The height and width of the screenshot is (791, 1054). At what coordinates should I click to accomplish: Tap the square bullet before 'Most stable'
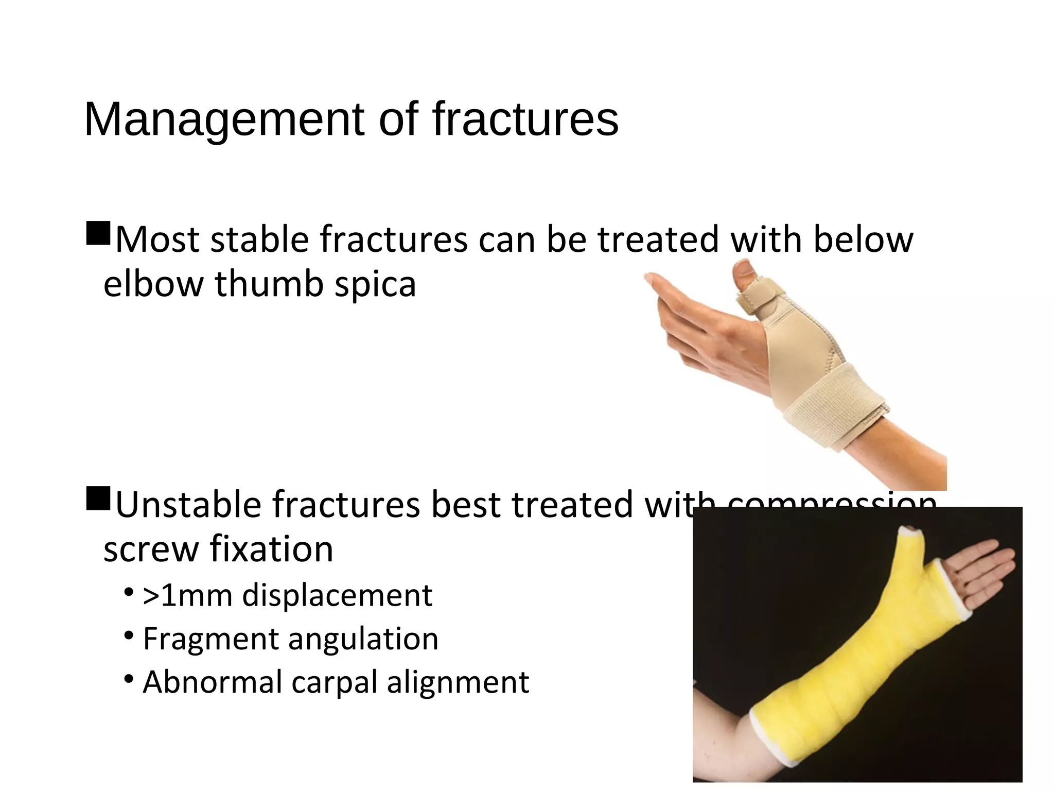(x=98, y=233)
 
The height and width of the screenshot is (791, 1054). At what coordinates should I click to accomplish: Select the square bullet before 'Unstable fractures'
(x=98, y=498)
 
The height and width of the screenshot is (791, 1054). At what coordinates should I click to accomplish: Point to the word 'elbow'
(x=153, y=284)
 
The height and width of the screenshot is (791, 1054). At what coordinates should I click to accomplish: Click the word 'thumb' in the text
(x=269, y=284)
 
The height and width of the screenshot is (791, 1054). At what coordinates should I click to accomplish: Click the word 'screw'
(x=150, y=549)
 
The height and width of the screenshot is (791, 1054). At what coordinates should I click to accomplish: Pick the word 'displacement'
(x=337, y=596)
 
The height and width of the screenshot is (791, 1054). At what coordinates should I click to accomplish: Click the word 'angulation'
(x=363, y=640)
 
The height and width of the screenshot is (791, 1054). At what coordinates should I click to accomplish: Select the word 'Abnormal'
(x=212, y=682)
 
